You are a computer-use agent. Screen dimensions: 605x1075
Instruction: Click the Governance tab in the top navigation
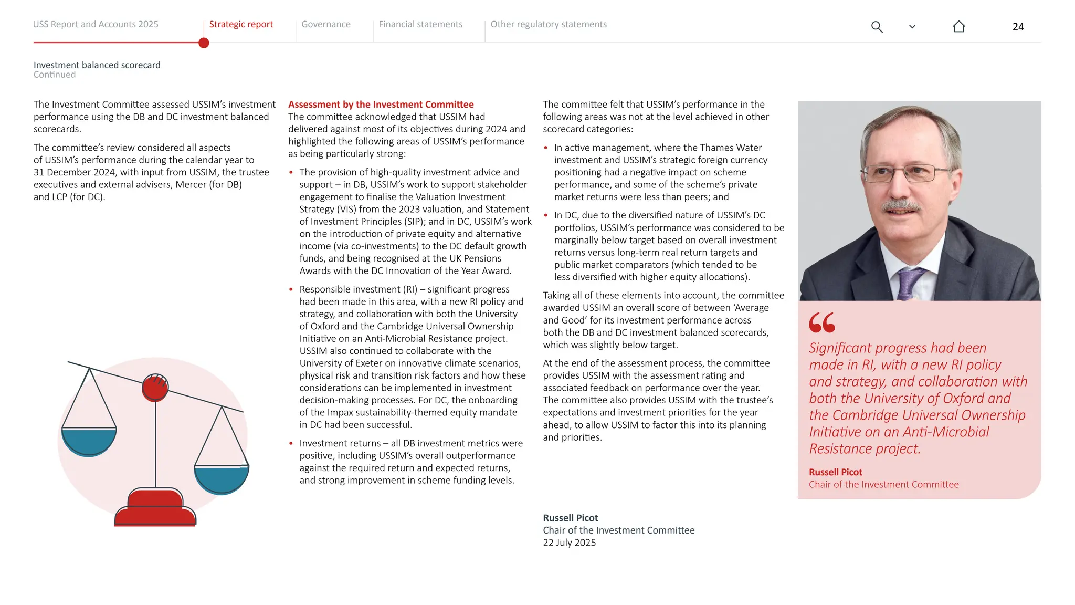[x=325, y=24]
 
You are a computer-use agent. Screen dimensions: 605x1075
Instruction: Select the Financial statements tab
[x=420, y=24]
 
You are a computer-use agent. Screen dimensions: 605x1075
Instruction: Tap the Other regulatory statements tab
[x=548, y=24]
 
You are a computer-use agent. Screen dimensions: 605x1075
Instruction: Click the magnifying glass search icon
[x=877, y=27]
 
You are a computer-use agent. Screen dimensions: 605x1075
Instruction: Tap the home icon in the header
[x=958, y=27]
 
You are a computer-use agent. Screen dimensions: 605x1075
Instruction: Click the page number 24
[x=1018, y=27]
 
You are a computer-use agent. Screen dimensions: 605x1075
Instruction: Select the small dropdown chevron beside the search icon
[x=912, y=27]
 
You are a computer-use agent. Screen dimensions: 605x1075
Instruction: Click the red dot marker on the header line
[x=204, y=43]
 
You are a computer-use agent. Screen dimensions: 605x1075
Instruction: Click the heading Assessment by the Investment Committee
[x=381, y=105]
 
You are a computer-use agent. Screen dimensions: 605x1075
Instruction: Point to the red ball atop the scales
[x=155, y=388]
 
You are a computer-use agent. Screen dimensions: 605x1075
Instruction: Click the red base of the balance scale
[x=155, y=509]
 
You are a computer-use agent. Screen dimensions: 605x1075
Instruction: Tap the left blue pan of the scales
[x=89, y=441]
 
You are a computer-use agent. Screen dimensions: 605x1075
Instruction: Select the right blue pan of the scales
[x=222, y=478]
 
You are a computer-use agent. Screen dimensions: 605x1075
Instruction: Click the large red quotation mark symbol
[x=821, y=322]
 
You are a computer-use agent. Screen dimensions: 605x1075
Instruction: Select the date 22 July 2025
[x=569, y=543]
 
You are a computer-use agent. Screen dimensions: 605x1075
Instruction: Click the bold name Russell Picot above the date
[x=570, y=518]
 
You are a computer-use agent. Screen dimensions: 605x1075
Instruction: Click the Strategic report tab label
[x=241, y=24]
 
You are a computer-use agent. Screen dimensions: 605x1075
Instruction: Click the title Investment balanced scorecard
[x=97, y=65]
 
